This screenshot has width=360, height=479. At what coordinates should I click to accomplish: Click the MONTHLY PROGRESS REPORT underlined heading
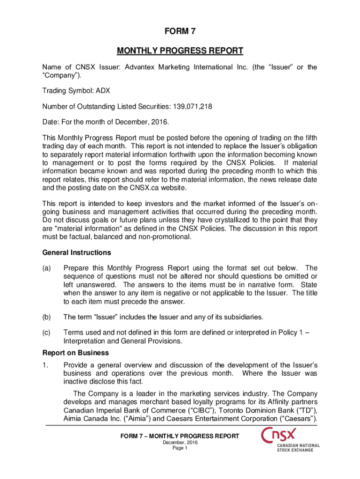point(180,51)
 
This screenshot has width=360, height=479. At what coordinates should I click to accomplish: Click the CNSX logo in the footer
point(290,439)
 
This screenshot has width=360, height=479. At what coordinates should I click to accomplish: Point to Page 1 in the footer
point(180,448)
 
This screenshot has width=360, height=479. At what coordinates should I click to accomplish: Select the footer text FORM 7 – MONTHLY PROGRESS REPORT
point(180,436)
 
